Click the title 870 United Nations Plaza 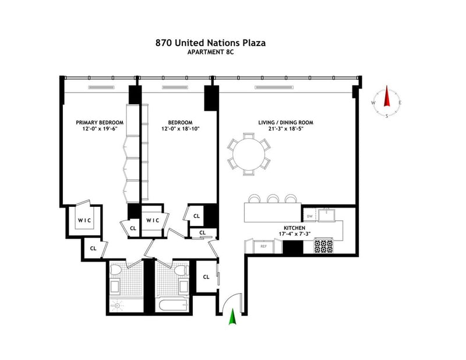click(210, 43)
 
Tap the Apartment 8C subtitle click(210, 52)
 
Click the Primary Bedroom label click(100, 122)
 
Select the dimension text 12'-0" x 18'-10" click(181, 129)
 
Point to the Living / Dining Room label click(285, 122)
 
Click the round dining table click(249, 154)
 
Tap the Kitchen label click(294, 228)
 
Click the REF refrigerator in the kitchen click(264, 246)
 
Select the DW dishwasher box click(310, 216)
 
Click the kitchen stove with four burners click(324, 246)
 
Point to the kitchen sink click(327, 215)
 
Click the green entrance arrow click(232, 316)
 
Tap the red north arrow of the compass click(387, 96)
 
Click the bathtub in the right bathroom click(172, 305)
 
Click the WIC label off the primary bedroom click(84, 220)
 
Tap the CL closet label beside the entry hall click(206, 277)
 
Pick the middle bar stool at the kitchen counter click(272, 198)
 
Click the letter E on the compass click(400, 103)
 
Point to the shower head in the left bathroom click(118, 305)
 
